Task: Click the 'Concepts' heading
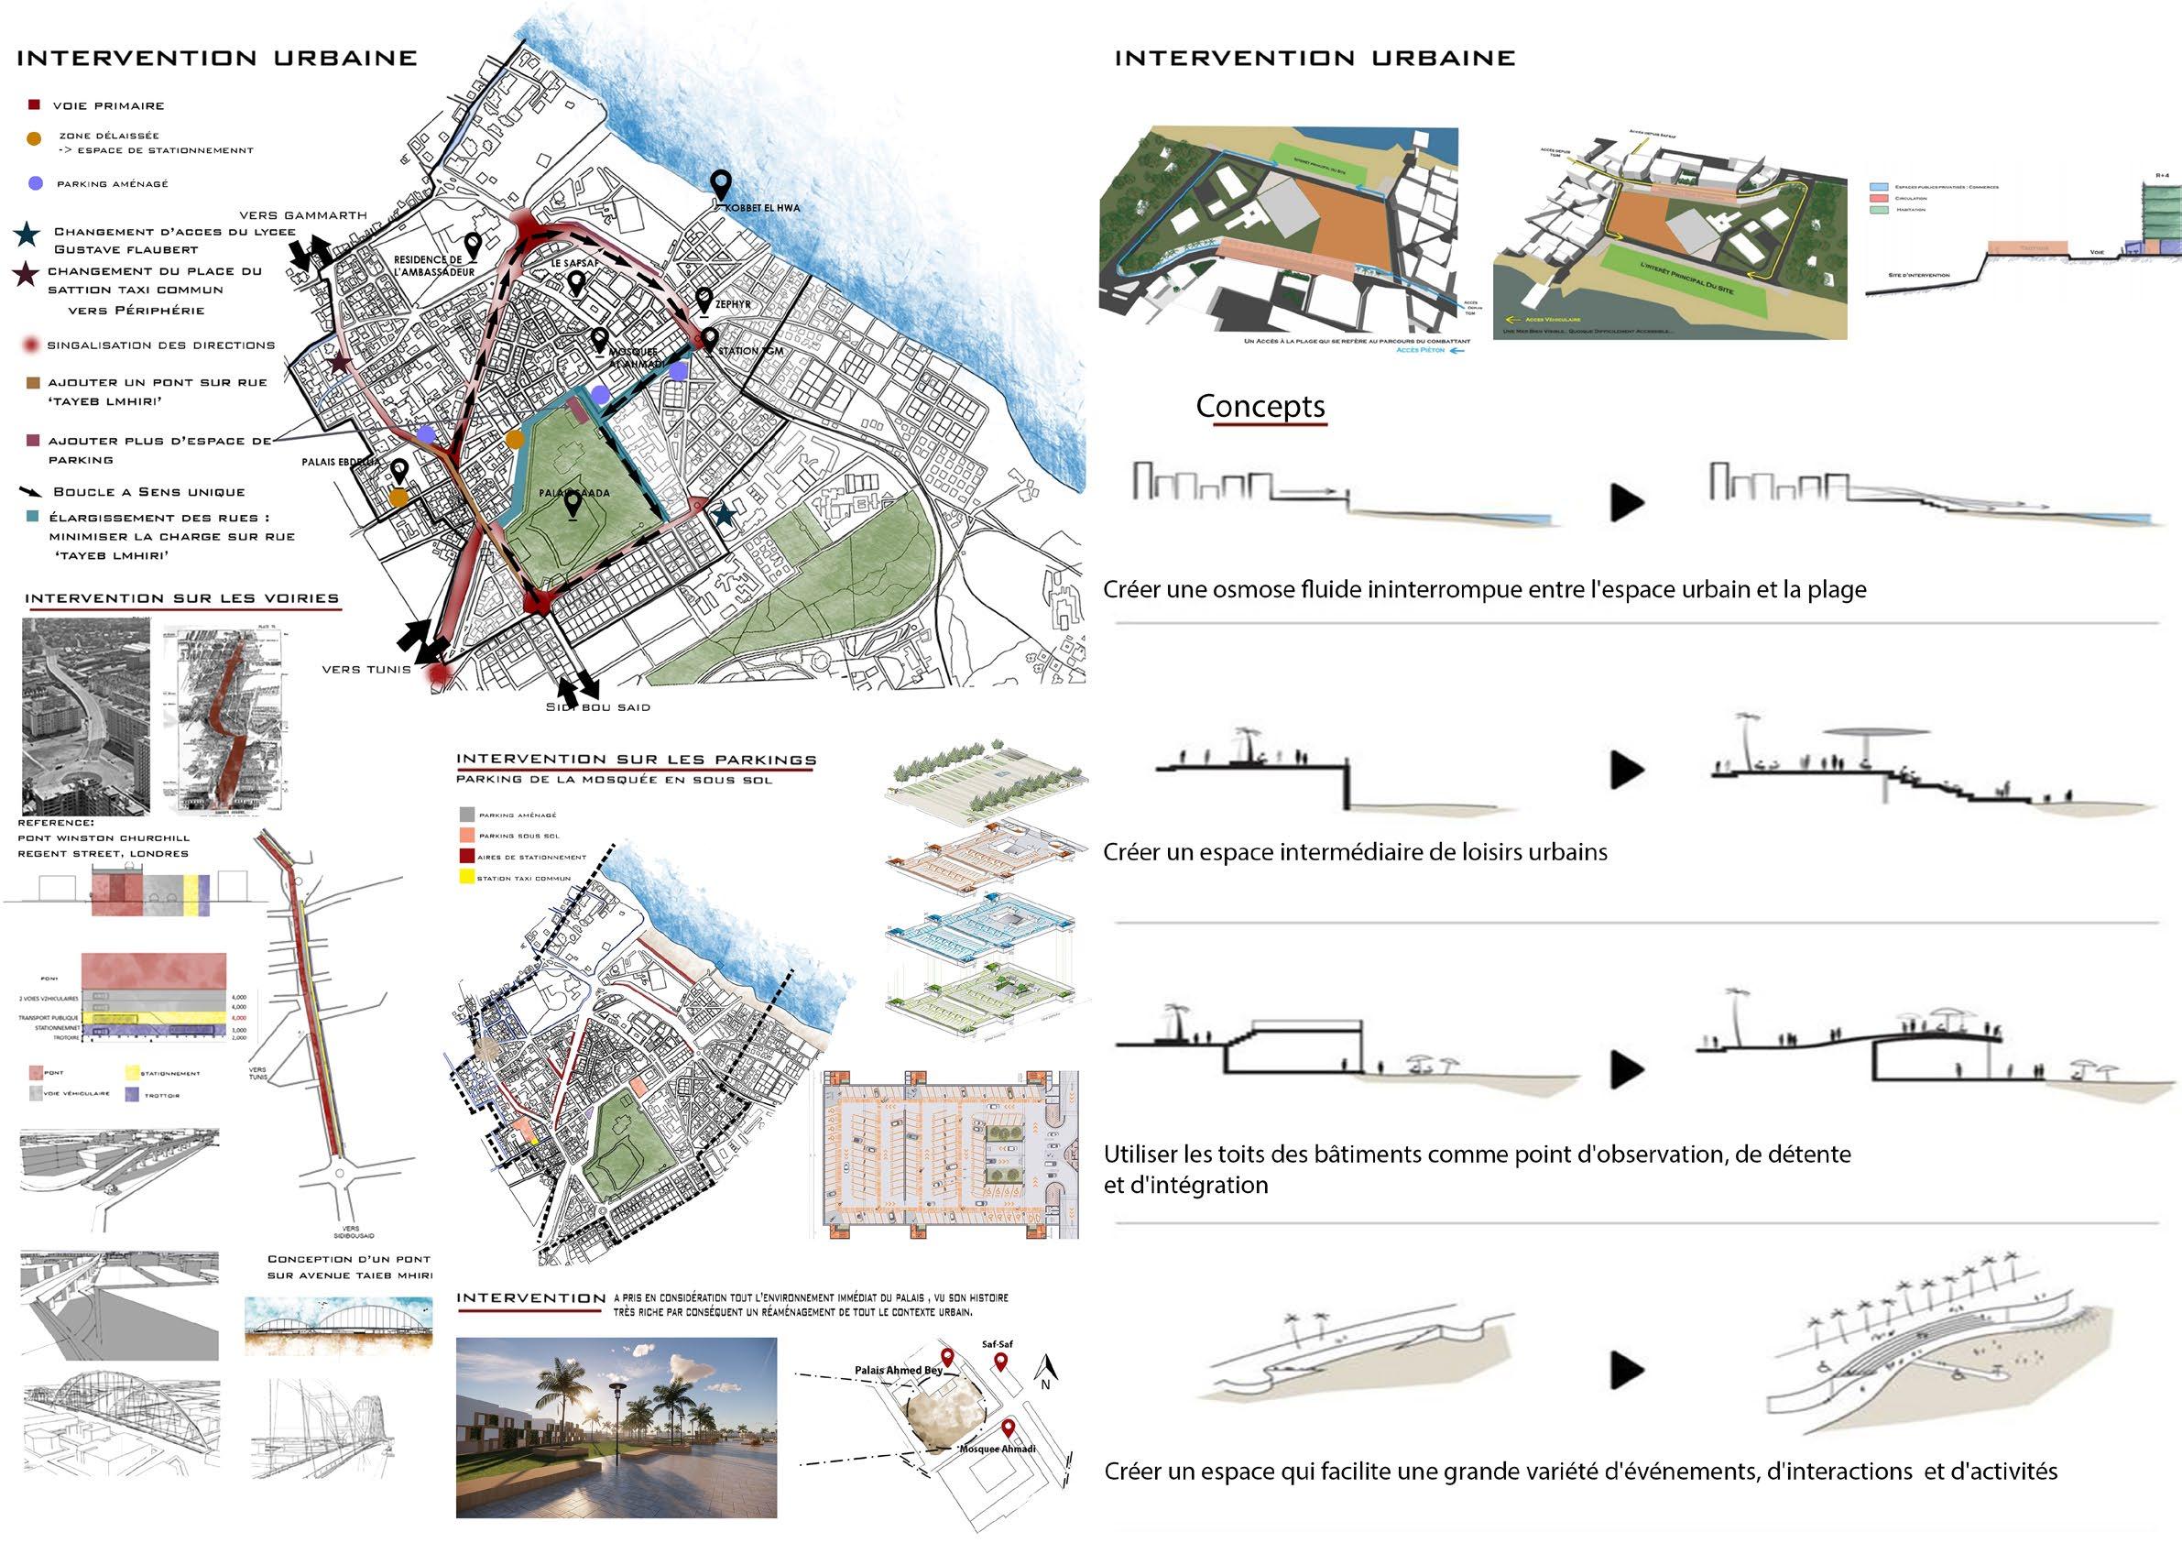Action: tap(1260, 406)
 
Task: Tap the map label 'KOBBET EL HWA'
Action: tap(762, 207)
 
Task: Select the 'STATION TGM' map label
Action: tap(751, 351)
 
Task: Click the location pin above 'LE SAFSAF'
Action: tap(576, 282)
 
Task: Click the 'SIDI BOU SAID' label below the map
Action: tap(598, 707)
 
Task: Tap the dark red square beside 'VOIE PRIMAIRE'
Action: tap(34, 104)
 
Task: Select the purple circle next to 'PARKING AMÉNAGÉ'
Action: tap(35, 183)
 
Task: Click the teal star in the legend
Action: tap(27, 233)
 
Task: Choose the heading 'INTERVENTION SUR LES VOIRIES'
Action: tap(181, 599)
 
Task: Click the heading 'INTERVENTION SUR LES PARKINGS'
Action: tap(636, 760)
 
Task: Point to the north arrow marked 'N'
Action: tap(1046, 1373)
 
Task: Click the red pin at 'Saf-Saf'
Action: tap(999, 1362)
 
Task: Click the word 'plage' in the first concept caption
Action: tap(1833, 589)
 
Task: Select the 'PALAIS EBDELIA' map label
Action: tap(340, 462)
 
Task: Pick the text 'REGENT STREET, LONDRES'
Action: tap(103, 854)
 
